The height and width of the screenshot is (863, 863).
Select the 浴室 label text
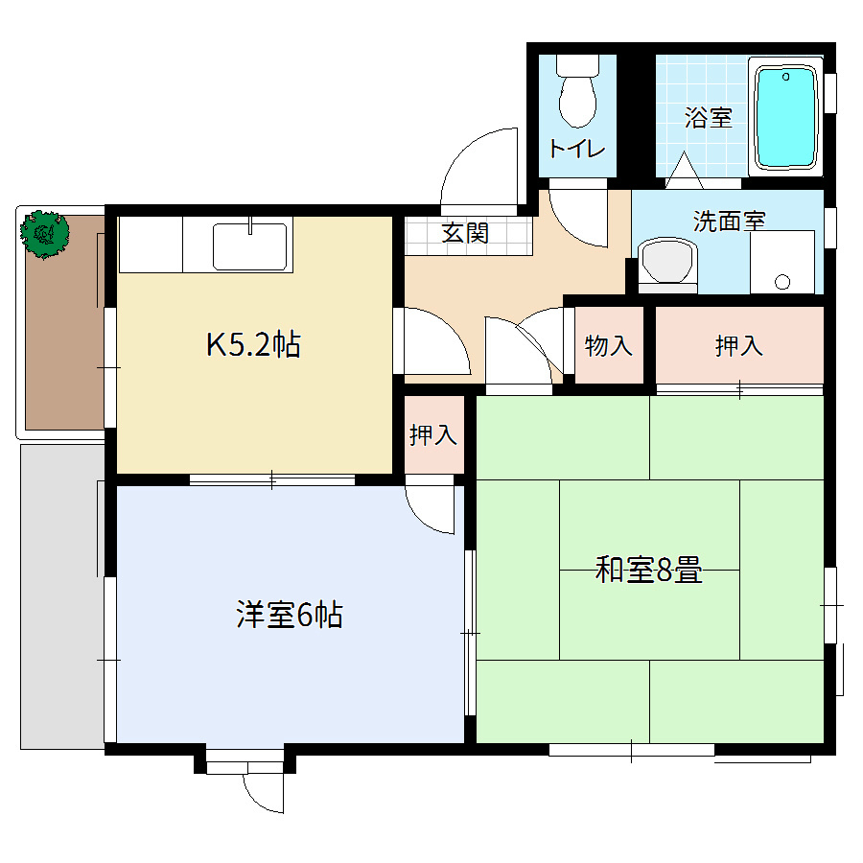point(709,118)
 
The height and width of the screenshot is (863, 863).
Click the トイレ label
point(576,150)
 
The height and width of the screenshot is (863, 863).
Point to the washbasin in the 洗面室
point(667,262)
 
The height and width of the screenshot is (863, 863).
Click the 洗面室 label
point(729,221)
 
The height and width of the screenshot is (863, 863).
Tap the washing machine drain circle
point(781,281)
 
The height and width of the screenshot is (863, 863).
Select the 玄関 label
point(465,232)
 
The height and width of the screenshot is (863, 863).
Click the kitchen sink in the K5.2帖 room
point(249,246)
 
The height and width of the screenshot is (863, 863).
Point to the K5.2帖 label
point(254,344)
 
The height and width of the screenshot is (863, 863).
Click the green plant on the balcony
point(45,233)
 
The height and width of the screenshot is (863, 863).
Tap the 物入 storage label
point(609,346)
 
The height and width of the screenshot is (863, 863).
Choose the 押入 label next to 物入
point(738,346)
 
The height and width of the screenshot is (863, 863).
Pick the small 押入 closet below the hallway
point(433,435)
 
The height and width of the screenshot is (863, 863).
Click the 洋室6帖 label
point(290,615)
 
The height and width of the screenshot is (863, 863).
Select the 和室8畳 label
point(649,572)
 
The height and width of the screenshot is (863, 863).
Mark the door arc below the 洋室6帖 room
point(264,792)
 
